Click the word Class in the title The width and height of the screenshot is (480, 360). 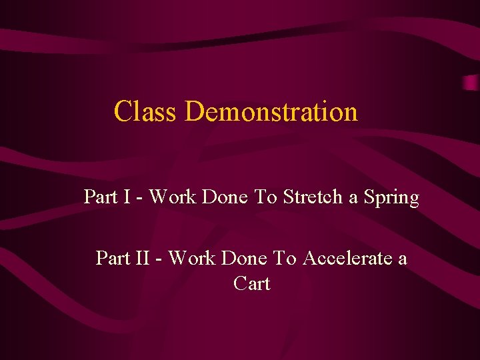point(145,111)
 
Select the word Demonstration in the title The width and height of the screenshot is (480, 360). point(271,111)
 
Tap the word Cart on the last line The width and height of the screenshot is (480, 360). point(252,283)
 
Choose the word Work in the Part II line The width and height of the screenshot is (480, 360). point(192,258)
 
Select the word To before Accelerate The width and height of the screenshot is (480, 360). point(286,258)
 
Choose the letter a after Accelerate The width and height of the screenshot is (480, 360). point(402,259)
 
